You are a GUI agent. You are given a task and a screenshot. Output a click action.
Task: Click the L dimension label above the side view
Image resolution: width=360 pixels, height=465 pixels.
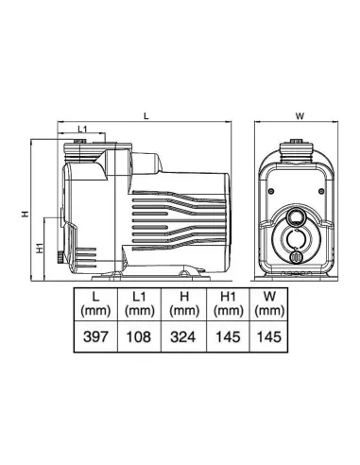tap(146, 116)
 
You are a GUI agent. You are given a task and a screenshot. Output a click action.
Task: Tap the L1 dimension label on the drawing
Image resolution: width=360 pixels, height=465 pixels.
tap(82, 129)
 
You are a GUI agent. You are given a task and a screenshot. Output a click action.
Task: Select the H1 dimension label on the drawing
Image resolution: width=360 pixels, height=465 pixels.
tap(40, 249)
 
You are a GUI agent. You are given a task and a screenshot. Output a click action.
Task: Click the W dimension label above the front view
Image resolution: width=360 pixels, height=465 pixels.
tap(300, 116)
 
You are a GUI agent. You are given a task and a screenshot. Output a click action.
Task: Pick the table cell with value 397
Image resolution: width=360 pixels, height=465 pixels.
tap(95, 336)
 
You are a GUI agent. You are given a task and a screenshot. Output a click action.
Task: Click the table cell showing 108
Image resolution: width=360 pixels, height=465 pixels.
tap(139, 336)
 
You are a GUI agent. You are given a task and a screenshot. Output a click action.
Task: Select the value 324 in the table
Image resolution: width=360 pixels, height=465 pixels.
tap(183, 336)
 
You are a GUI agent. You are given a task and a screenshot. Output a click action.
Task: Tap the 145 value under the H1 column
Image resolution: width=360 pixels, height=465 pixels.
tap(228, 336)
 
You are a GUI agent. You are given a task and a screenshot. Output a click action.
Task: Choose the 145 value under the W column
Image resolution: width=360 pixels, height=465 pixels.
tap(269, 336)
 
